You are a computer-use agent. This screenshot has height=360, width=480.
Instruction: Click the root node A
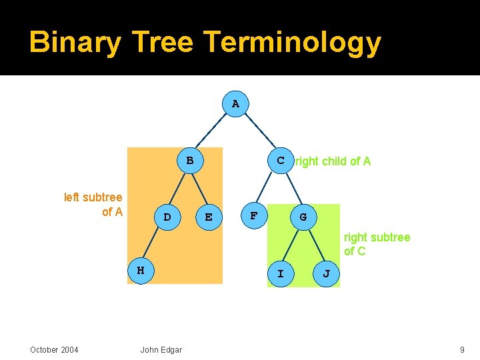coord(235,104)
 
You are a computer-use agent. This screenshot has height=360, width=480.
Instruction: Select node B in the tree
coord(190,160)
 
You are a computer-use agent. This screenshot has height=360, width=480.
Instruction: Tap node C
coord(281,160)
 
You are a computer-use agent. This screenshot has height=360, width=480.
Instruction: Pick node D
coord(167,217)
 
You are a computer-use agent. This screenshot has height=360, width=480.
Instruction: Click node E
coord(209,217)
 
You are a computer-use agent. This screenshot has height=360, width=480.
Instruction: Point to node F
coord(253,216)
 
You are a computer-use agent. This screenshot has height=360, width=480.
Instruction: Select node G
coord(303,217)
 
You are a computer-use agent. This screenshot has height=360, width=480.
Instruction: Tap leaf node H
coord(141,271)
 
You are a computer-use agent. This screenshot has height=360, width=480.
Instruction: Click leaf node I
coord(281,274)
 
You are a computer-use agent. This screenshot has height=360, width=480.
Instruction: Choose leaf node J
coord(326,274)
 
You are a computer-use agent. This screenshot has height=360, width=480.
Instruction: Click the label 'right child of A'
coord(333,161)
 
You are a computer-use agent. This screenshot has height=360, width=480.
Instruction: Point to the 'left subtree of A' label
coord(93,205)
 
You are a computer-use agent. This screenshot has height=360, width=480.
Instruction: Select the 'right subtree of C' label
coord(377,244)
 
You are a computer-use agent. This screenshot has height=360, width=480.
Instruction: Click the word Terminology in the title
coord(293,42)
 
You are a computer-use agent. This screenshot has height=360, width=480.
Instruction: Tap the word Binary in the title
coord(75,42)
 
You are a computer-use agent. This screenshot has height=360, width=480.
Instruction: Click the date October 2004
coord(54,350)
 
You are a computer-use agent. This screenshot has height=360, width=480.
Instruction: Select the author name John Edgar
coord(161,350)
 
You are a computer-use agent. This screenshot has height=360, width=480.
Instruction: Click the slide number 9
coord(462,350)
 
